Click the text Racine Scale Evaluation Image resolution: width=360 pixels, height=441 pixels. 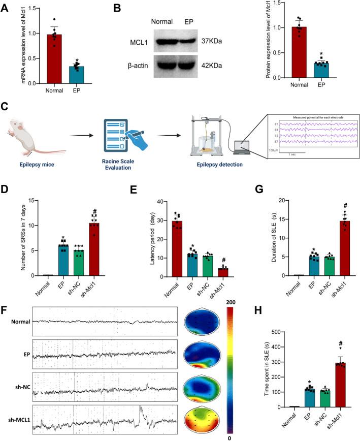click(x=122, y=161)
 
